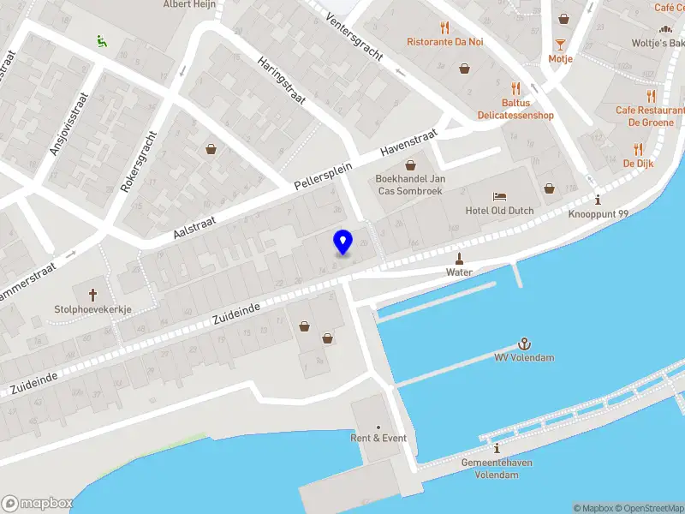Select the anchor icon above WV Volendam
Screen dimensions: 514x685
[x=524, y=343]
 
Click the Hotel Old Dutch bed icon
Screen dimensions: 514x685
[x=499, y=196]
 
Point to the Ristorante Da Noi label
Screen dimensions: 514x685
[x=444, y=41]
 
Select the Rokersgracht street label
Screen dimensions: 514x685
[x=140, y=160]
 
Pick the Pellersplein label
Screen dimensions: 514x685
[x=319, y=172]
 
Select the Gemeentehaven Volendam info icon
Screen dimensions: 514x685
[x=497, y=448]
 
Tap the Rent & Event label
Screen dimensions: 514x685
[x=378, y=438]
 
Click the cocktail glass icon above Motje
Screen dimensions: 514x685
[x=560, y=44]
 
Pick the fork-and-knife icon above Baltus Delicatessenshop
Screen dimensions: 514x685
[x=515, y=88]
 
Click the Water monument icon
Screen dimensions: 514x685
[x=459, y=258]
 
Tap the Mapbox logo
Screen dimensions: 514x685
[x=38, y=504]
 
